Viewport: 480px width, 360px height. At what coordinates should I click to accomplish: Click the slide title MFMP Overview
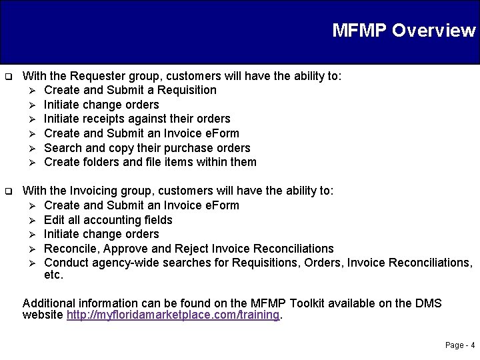403,31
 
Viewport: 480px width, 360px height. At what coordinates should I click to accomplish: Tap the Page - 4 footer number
460,345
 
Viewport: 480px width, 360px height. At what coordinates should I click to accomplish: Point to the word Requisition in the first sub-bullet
185,90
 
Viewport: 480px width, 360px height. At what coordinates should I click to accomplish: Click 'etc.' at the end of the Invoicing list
53,275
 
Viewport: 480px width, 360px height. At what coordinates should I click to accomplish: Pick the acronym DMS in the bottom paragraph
429,304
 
